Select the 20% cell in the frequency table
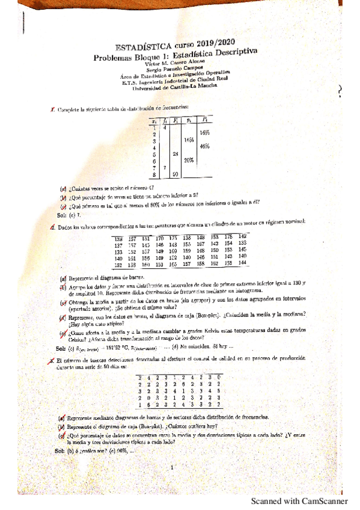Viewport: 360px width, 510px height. tap(189, 160)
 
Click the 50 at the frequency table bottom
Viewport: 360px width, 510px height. tap(175, 174)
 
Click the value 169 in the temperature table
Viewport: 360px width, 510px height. tap(174, 251)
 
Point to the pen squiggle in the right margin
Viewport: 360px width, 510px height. tap(341, 90)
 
